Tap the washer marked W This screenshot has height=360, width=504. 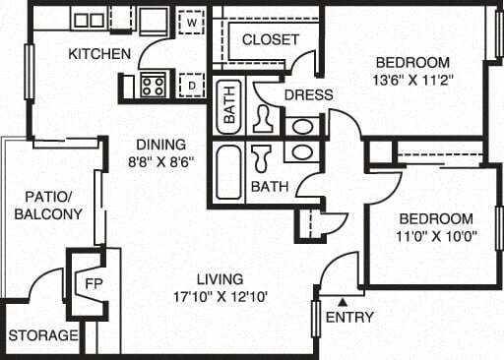[x=191, y=20]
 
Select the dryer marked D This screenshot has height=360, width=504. [x=191, y=87]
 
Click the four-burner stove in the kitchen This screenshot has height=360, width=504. [x=153, y=85]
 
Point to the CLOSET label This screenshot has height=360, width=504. [x=270, y=39]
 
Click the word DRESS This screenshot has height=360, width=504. [x=308, y=94]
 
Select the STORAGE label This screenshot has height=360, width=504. [x=43, y=335]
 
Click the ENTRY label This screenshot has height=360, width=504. [x=349, y=318]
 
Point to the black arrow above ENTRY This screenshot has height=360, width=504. [x=343, y=302]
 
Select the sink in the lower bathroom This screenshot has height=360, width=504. [x=302, y=153]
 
